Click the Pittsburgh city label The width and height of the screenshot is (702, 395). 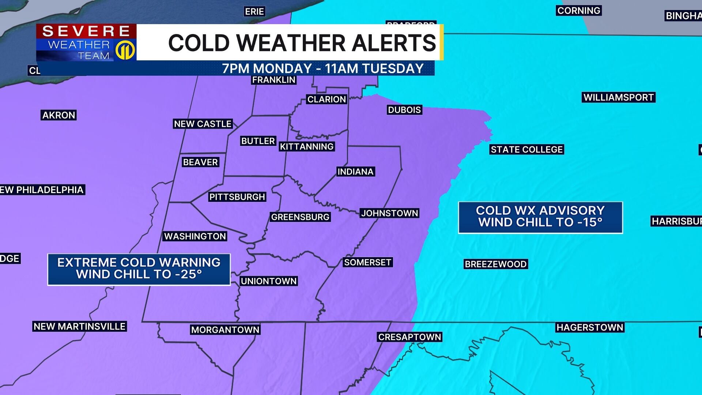coord(237,197)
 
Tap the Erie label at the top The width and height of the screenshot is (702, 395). coord(254,12)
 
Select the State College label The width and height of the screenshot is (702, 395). coord(526,150)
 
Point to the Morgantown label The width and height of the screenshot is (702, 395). coord(225,330)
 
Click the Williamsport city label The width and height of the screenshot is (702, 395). coord(618,97)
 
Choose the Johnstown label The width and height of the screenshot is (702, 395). coord(389,213)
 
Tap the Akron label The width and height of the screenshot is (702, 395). coord(59,115)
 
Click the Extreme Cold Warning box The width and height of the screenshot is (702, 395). coord(139,269)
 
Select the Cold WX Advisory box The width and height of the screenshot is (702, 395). coord(540,217)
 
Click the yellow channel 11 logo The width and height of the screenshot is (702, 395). coord(125,50)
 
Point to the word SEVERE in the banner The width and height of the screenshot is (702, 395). coord(86,31)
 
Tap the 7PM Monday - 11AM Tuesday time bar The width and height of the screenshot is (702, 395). coord(323,68)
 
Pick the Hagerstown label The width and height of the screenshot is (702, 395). coord(590,327)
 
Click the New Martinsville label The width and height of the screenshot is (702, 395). coord(80,326)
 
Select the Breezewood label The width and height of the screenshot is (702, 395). coord(495,264)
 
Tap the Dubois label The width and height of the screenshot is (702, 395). coord(404,110)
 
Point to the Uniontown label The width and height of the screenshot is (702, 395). coord(269,281)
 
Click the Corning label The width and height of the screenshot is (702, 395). coord(578,11)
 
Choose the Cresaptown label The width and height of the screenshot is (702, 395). coord(409,337)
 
